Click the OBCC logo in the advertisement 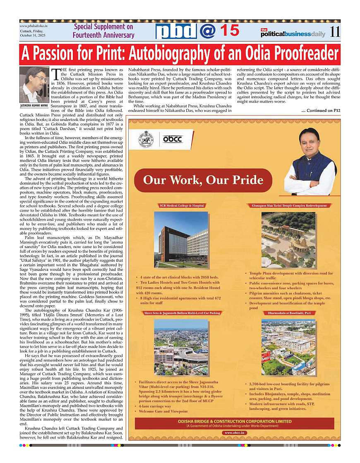(172, 139)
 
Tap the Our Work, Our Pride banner (203, 180)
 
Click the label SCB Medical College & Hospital (182, 205)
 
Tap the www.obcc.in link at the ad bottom (235, 432)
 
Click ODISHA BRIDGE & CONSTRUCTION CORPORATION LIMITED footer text (234, 422)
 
